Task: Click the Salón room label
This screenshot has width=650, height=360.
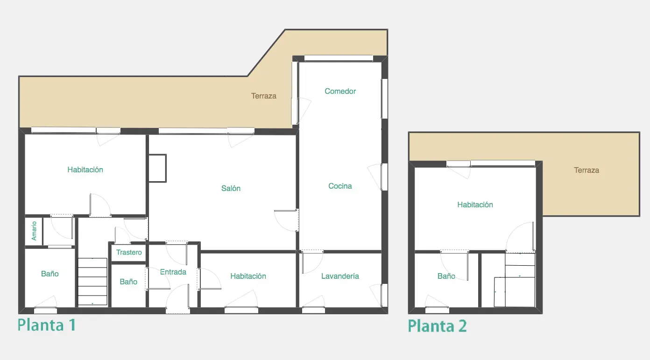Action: pos(231,188)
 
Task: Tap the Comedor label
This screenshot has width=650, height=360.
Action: pos(340,91)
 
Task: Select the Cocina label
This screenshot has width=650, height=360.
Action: pos(340,186)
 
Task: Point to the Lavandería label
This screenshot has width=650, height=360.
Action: pos(340,276)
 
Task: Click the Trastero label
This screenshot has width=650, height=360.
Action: pos(129,253)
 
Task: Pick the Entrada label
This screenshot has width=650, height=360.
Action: pos(173,272)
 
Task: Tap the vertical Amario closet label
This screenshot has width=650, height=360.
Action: pos(34,231)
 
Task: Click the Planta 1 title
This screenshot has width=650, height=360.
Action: pos(47,325)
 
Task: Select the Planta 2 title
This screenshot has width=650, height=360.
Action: pos(437,325)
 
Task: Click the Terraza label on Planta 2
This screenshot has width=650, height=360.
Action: pos(586,170)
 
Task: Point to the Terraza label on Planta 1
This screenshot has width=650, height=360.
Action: pos(263,96)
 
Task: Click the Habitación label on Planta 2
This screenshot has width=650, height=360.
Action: pos(475,205)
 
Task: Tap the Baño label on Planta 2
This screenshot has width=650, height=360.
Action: pos(446,276)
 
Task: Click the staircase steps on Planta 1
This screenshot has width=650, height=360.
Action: pos(92,282)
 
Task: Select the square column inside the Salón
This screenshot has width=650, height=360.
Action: pos(157,168)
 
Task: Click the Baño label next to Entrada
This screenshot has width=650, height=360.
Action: pos(128,282)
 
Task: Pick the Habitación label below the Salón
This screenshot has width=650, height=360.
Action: pos(248,276)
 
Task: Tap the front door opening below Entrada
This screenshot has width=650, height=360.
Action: pos(177,311)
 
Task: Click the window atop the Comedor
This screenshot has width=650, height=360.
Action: pos(339,58)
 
